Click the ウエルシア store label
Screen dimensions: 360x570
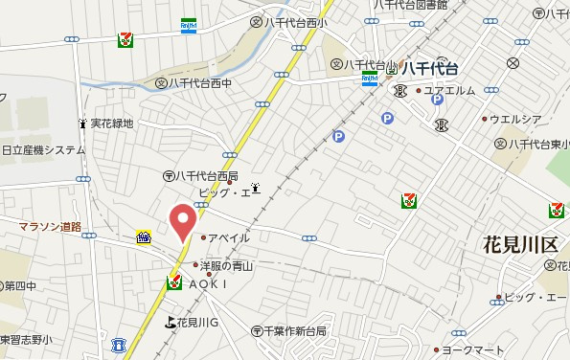(515, 120)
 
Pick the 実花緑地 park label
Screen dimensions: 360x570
(112, 124)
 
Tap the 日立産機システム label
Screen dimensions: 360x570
(43, 150)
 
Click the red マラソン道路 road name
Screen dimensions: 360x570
(50, 226)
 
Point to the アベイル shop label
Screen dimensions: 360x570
(230, 237)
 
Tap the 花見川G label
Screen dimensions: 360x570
(198, 322)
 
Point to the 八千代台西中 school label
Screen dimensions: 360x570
(204, 83)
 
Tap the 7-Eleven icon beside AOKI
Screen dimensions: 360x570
(173, 282)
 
